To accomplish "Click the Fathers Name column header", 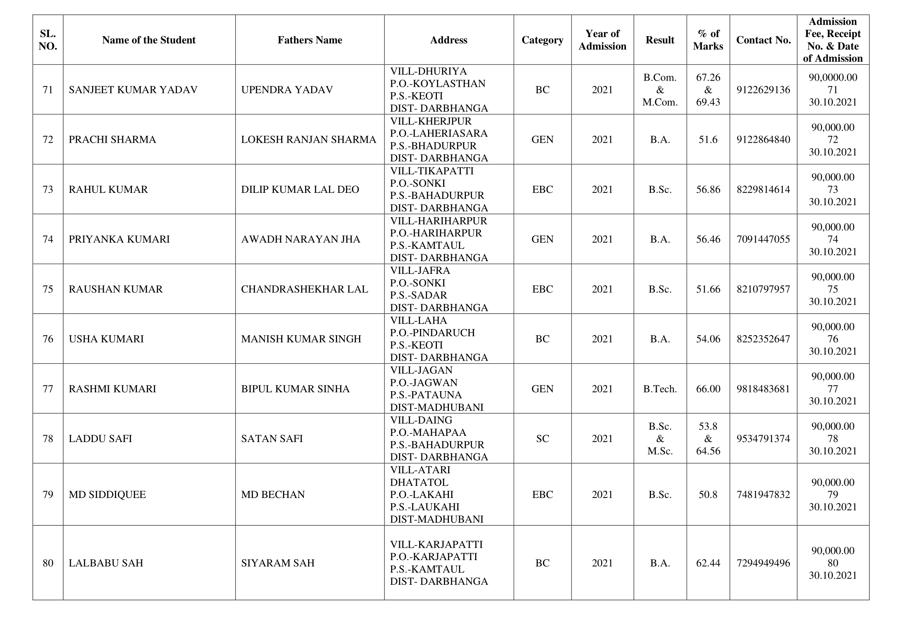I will pos(310,40).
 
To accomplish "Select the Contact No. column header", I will pos(763,40).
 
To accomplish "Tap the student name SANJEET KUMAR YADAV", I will pos(133,90).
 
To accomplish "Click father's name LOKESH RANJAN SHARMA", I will pos(309,140).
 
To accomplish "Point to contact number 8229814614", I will pos(763,190).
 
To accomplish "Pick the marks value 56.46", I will pos(708,239).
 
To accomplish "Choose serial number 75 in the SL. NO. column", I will pos(47,289).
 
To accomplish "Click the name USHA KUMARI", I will pos(106,339).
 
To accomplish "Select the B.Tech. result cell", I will pos(659,389).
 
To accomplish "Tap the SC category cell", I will pos(542,439).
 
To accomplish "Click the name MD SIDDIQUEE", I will pos(107,495).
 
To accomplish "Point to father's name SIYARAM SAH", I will pos(278,563).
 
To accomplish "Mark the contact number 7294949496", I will pos(763,563).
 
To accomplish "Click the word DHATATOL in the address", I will pos(419,483).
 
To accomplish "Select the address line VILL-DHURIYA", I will pos(428,71).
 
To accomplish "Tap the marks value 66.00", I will pos(708,389).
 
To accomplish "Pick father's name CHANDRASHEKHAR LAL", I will pos(305,289).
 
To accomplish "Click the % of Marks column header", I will pos(708,40).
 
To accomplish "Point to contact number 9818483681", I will pos(763,389).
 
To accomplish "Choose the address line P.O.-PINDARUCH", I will pos(432,333).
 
